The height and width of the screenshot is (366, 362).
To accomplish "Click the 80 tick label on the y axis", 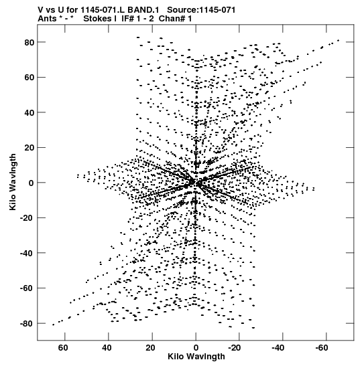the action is [x=29, y=42].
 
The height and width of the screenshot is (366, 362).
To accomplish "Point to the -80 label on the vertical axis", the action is [x=27, y=324].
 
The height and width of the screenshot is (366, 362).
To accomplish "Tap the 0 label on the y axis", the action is [x=32, y=183].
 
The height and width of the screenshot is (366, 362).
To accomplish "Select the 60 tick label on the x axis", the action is [x=63, y=348].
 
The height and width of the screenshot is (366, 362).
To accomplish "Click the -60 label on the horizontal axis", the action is [x=322, y=348].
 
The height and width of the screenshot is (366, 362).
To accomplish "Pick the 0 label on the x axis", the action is [x=196, y=348].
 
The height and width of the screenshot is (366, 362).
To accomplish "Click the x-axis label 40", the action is [x=107, y=348].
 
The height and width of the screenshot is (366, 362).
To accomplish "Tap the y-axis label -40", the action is [x=27, y=254].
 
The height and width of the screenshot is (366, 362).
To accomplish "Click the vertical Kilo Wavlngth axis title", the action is [x=13, y=182].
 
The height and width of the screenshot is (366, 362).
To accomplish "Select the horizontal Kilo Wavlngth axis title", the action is [x=196, y=357].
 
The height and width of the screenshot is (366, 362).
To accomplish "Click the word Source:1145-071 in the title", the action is [x=201, y=10].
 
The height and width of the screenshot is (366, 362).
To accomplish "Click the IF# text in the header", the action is [x=128, y=19].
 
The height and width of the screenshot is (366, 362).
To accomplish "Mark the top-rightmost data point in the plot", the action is [x=338, y=41].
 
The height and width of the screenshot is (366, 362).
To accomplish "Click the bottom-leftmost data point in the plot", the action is [x=54, y=325].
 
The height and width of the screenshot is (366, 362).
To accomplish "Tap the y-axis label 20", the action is [x=29, y=148].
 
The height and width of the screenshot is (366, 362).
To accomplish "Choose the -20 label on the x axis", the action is [x=235, y=348].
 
